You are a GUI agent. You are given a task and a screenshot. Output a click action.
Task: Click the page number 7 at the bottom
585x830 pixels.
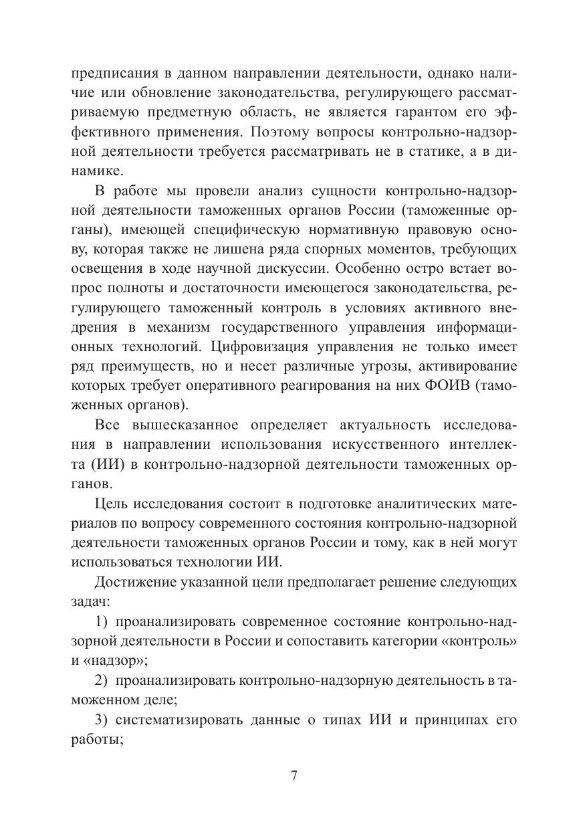click(293, 776)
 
